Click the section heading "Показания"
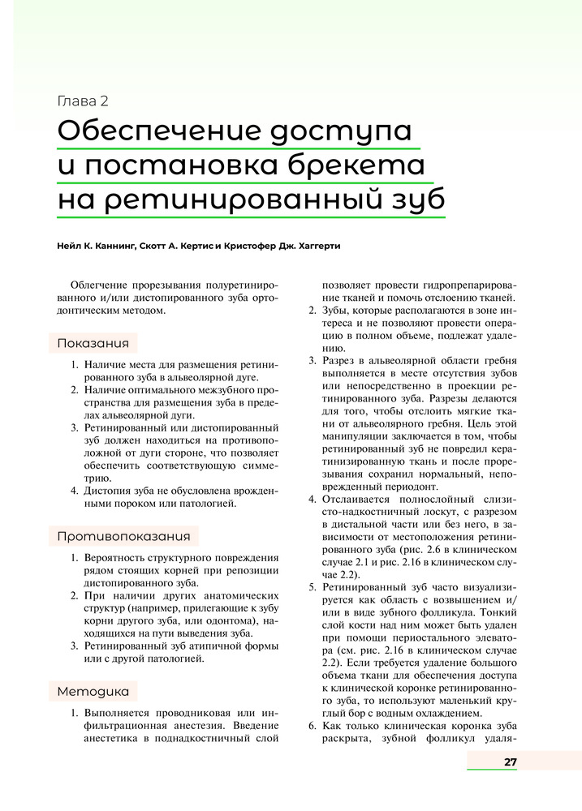[93, 343]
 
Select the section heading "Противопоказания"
[123, 536]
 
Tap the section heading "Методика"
[93, 691]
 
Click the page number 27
[510, 762]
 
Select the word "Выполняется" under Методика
[123, 713]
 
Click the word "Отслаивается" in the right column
[360, 498]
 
